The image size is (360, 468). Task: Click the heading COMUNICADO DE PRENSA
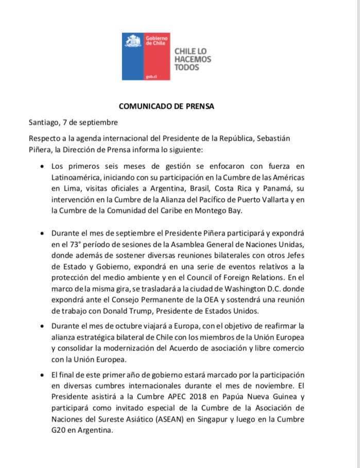166,107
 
